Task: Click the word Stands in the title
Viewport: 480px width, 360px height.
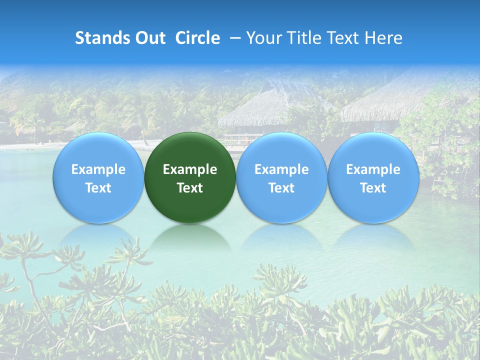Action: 99,38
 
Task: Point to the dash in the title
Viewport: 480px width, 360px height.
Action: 233,38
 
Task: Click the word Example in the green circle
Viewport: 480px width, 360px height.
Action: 190,169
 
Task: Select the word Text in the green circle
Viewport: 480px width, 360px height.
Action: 190,188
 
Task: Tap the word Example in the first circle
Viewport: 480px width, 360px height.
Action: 98,169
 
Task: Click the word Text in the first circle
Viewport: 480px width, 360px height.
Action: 98,188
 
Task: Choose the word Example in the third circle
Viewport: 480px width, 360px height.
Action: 281,169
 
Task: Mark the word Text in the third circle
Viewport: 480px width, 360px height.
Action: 281,188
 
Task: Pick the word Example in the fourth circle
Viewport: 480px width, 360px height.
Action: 373,169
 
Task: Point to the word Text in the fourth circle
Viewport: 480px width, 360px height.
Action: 373,188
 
